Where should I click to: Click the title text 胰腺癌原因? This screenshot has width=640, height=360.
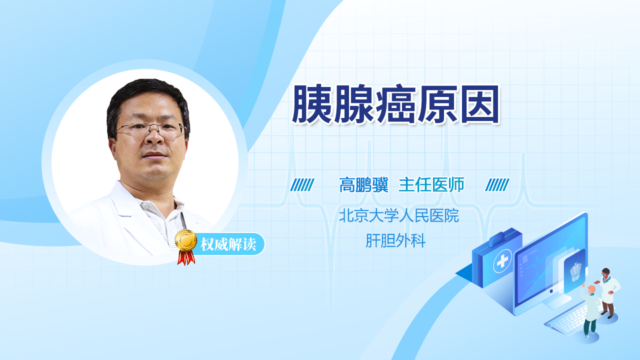395,104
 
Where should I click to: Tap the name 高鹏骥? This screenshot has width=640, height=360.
363,185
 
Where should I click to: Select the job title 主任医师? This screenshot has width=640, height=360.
431,185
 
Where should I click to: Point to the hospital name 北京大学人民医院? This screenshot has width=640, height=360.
399,215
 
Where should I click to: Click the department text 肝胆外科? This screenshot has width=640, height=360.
395,240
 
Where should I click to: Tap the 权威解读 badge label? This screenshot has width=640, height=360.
228,244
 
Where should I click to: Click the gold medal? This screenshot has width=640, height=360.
186,240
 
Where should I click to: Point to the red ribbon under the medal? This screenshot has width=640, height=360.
186,257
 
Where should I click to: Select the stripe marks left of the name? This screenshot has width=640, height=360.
302,185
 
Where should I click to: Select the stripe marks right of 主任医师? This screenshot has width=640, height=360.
497,185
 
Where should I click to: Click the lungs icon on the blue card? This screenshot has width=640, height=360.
575,271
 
